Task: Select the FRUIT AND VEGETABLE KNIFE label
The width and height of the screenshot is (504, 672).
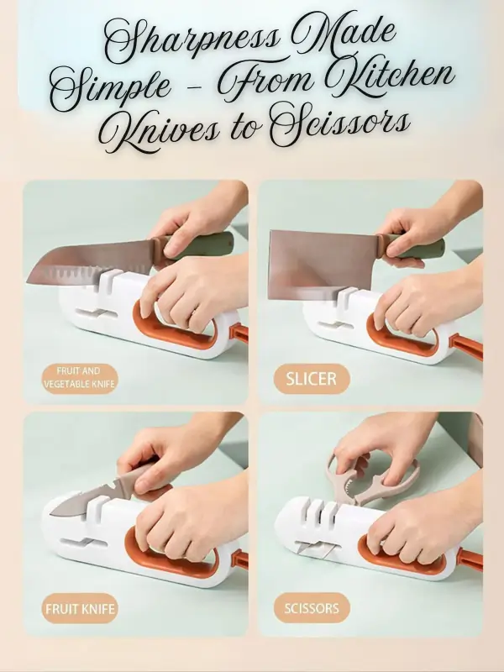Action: click(80, 378)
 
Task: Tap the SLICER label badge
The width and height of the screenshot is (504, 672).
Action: click(312, 379)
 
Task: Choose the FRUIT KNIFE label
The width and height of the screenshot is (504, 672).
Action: click(80, 608)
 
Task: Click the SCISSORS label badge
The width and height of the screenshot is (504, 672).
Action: click(312, 608)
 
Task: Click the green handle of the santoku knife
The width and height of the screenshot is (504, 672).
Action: click(202, 246)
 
